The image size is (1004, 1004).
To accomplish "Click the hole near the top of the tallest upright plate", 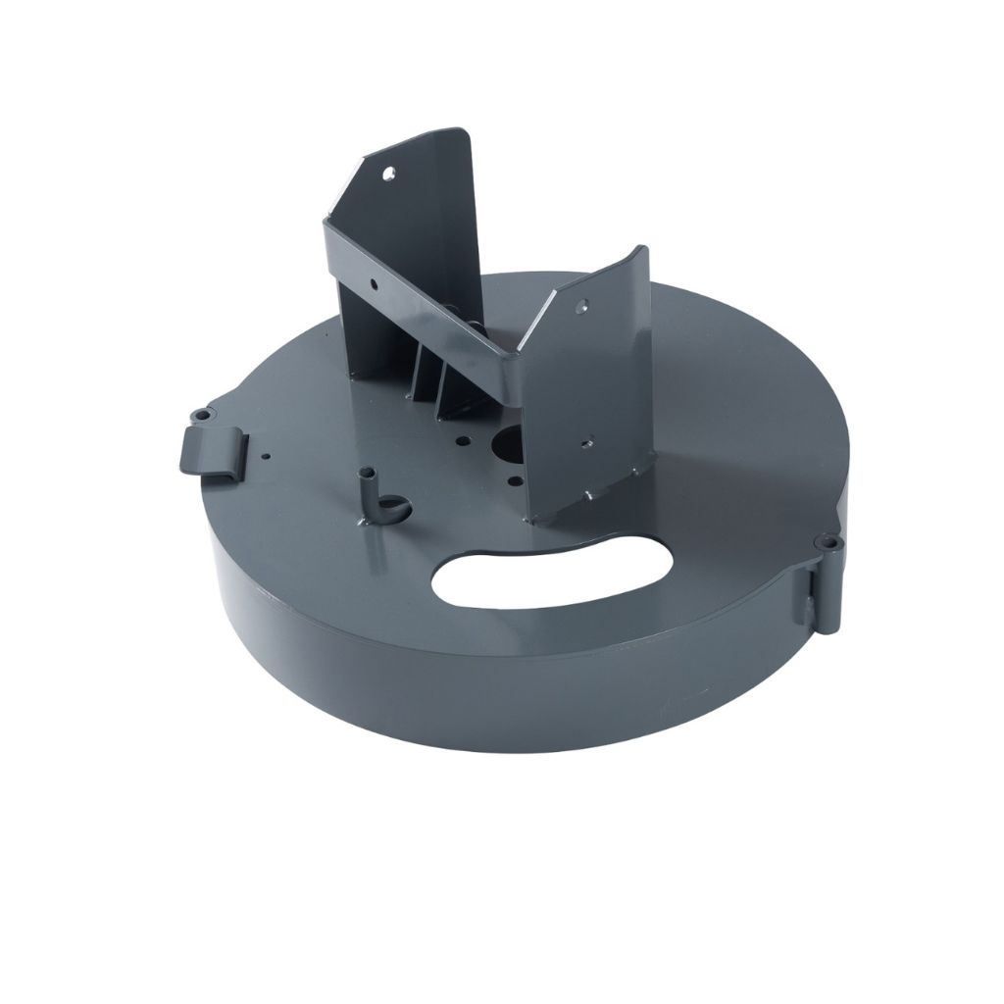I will tap(391, 172).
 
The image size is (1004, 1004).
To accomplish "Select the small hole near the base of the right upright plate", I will tap(588, 443).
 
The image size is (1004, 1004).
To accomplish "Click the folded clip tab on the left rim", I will tap(208, 449).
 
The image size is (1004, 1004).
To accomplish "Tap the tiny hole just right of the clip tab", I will tap(266, 456).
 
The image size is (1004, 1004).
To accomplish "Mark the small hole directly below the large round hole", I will tap(509, 479).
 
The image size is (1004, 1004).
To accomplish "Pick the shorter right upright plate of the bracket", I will tap(598, 392).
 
